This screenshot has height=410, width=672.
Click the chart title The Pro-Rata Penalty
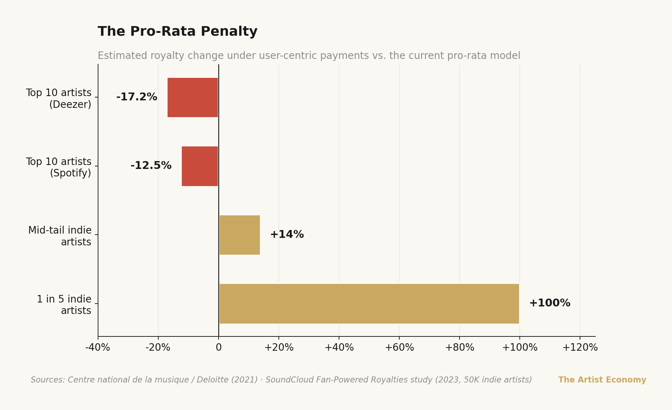point(178,32)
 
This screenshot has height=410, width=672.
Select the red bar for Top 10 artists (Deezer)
point(193,97)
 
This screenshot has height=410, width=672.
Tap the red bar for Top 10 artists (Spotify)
point(200,166)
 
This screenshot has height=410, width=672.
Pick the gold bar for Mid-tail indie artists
point(240,235)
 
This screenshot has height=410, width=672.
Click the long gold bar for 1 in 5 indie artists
point(369,304)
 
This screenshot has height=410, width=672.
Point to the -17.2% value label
point(137,97)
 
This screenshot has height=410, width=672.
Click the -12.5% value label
point(151,166)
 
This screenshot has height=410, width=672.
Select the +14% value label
point(287,235)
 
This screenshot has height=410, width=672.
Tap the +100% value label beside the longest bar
point(550,303)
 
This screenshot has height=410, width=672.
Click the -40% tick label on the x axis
point(98,347)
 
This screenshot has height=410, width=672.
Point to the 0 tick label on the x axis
point(219,347)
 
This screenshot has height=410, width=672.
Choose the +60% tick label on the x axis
point(399,347)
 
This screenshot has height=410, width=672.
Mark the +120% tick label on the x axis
point(580,347)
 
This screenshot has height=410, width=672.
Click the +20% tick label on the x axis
point(279,347)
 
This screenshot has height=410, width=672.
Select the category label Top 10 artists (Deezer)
point(59,99)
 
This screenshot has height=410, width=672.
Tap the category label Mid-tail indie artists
point(60,236)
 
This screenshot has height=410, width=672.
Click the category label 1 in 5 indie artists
point(64,305)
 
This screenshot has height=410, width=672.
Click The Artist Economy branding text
point(602,380)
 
